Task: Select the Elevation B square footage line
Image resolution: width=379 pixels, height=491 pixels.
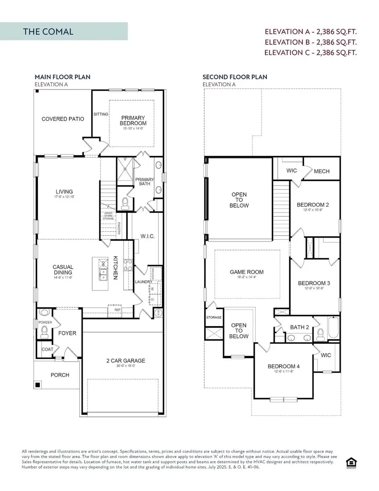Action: click(x=310, y=42)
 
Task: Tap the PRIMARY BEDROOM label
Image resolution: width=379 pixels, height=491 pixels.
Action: click(x=133, y=121)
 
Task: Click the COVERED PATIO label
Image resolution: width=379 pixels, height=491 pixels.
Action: click(x=63, y=119)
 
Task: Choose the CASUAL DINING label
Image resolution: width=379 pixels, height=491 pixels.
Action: click(x=63, y=270)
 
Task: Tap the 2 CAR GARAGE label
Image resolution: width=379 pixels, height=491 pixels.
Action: click(x=125, y=360)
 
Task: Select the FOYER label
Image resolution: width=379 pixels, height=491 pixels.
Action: click(x=67, y=333)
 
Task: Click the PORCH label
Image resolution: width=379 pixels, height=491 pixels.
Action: click(x=60, y=375)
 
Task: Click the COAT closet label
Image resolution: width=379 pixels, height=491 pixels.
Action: click(x=47, y=349)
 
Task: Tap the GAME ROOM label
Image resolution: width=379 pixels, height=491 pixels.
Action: click(x=247, y=272)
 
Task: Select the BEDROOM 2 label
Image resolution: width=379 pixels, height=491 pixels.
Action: click(x=312, y=205)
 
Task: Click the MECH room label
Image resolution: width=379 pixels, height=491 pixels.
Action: click(x=322, y=171)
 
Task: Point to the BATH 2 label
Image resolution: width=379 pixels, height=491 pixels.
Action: click(x=299, y=327)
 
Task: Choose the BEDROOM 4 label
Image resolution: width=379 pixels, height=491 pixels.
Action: click(x=283, y=366)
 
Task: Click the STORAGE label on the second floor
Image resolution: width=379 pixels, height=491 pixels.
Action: click(x=214, y=317)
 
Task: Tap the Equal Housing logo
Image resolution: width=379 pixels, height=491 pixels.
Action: click(x=350, y=461)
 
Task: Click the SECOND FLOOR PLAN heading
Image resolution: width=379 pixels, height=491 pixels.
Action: click(x=235, y=77)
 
